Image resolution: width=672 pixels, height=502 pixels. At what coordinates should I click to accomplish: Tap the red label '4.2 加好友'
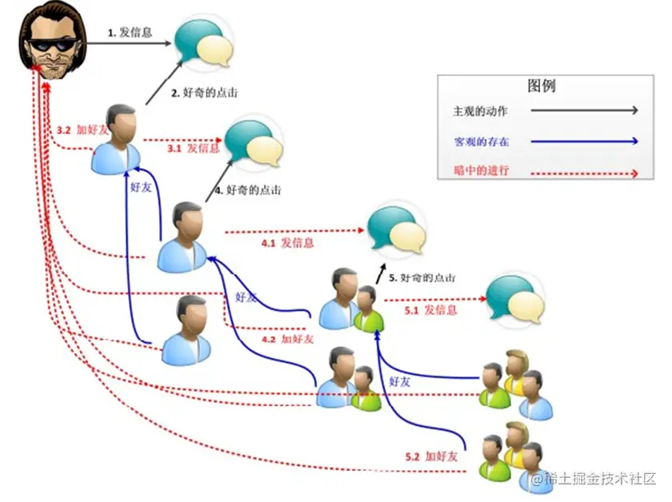(x=287, y=339)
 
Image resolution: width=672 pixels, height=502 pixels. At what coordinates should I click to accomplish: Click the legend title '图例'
(x=541, y=86)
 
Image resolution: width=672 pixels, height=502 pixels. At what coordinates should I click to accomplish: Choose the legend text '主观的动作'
(x=480, y=110)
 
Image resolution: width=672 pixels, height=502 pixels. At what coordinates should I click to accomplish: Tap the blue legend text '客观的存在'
(x=480, y=141)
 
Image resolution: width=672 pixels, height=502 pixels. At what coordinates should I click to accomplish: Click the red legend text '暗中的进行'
(x=480, y=172)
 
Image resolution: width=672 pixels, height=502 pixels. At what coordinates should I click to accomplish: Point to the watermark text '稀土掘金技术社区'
(x=599, y=479)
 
